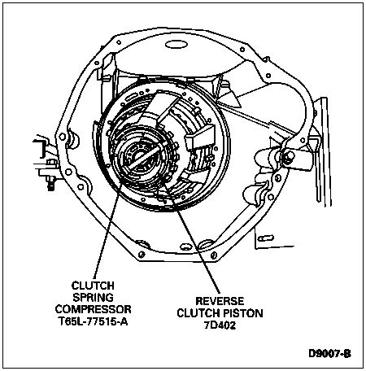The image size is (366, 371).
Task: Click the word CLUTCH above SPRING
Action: click(x=93, y=286)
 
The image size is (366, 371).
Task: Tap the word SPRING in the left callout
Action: click(x=93, y=298)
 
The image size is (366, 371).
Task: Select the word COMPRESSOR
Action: click(x=93, y=309)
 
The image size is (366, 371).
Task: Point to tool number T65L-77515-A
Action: click(x=93, y=321)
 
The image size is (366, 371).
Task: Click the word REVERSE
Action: click(x=220, y=301)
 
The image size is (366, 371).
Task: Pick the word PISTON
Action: click(x=243, y=313)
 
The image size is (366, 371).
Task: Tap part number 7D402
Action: click(x=220, y=325)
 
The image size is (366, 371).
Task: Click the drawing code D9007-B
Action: click(x=329, y=354)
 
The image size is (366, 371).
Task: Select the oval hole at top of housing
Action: click(x=176, y=44)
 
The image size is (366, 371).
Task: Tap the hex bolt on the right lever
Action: click(x=289, y=155)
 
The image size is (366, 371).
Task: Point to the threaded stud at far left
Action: click(x=50, y=182)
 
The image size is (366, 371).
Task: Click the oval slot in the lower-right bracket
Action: click(x=266, y=238)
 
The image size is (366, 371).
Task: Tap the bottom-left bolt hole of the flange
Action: click(x=142, y=254)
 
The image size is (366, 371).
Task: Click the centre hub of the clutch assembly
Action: click(x=141, y=156)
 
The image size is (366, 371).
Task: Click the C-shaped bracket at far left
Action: click(x=40, y=149)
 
